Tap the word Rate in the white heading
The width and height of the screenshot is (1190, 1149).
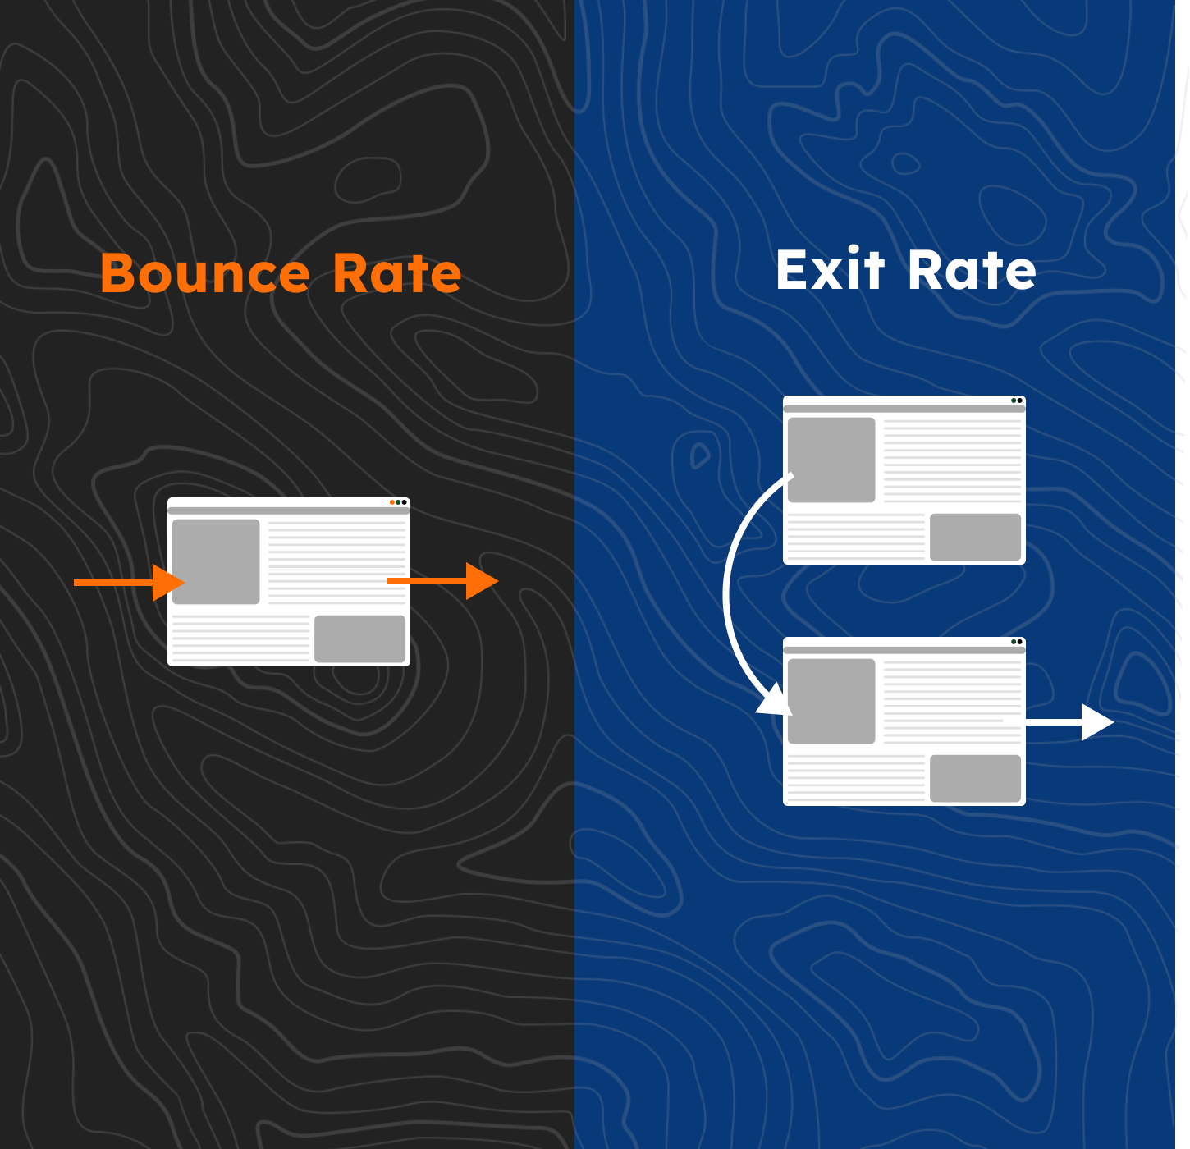[x=972, y=269]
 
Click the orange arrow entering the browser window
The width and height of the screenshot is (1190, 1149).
[x=129, y=583]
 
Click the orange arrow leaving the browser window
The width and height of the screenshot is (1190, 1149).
[x=442, y=581]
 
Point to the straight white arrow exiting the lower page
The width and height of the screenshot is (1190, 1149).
[x=1059, y=722]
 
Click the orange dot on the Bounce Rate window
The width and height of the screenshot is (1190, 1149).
[x=392, y=502]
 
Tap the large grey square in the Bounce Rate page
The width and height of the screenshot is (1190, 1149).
[x=216, y=561]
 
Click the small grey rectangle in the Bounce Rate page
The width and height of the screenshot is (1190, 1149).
[x=359, y=639]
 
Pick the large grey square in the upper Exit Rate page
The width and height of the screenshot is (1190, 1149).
[x=831, y=460]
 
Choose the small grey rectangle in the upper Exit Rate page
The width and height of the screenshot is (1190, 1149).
[x=975, y=537]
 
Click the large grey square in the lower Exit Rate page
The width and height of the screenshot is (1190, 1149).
[x=831, y=702]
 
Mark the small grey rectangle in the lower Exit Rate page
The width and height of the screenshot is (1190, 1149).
[x=975, y=778]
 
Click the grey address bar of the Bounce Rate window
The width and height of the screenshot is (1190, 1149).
[x=289, y=510]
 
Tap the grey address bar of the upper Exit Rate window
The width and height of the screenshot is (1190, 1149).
[x=904, y=409]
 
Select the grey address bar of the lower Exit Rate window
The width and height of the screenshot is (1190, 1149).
[x=904, y=650]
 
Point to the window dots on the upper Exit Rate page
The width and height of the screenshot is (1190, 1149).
[x=1016, y=401]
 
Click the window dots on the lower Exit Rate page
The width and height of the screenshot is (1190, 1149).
[x=1016, y=642]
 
